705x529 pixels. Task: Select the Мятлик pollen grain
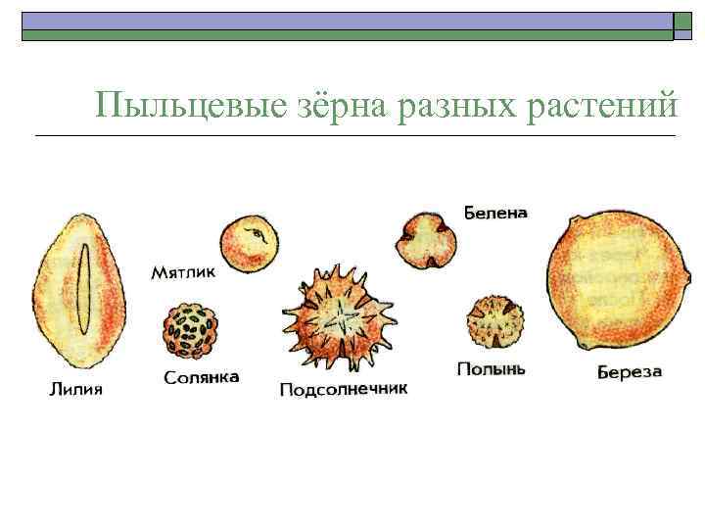pyautogui.click(x=249, y=244)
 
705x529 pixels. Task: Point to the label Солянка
pyautogui.click(x=202, y=377)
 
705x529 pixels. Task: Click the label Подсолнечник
pyautogui.click(x=343, y=390)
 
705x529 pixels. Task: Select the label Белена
pyautogui.click(x=495, y=212)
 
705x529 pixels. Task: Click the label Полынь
pyautogui.click(x=492, y=369)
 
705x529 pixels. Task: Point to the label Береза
pyautogui.click(x=630, y=372)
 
